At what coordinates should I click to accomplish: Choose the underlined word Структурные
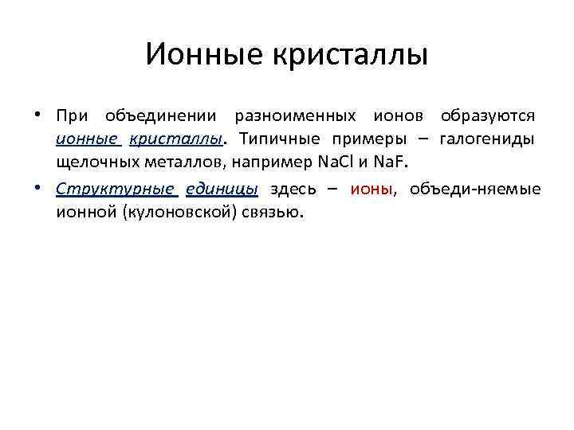coord(116,190)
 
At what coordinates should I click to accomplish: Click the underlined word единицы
coord(222,190)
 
